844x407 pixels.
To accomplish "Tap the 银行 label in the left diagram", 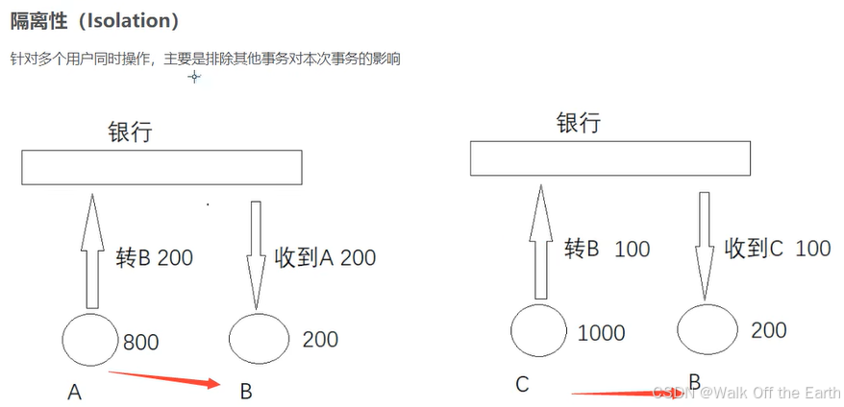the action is pos(130,132).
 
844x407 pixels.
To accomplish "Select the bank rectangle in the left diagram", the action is pos(162,168).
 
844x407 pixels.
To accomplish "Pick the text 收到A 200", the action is pos(325,258).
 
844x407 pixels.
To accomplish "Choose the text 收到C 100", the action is pos(777,249).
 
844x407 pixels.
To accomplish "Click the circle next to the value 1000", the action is pos(539,331).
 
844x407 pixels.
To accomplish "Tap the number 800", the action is pos(140,343).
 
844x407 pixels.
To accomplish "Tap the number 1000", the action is pos(601,334).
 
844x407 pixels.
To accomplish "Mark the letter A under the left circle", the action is pos(74,392).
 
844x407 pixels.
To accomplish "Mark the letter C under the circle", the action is pos(522,385).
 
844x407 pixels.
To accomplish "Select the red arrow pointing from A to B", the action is pos(163,379).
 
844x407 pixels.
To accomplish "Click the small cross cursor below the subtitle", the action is pos(194,77).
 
